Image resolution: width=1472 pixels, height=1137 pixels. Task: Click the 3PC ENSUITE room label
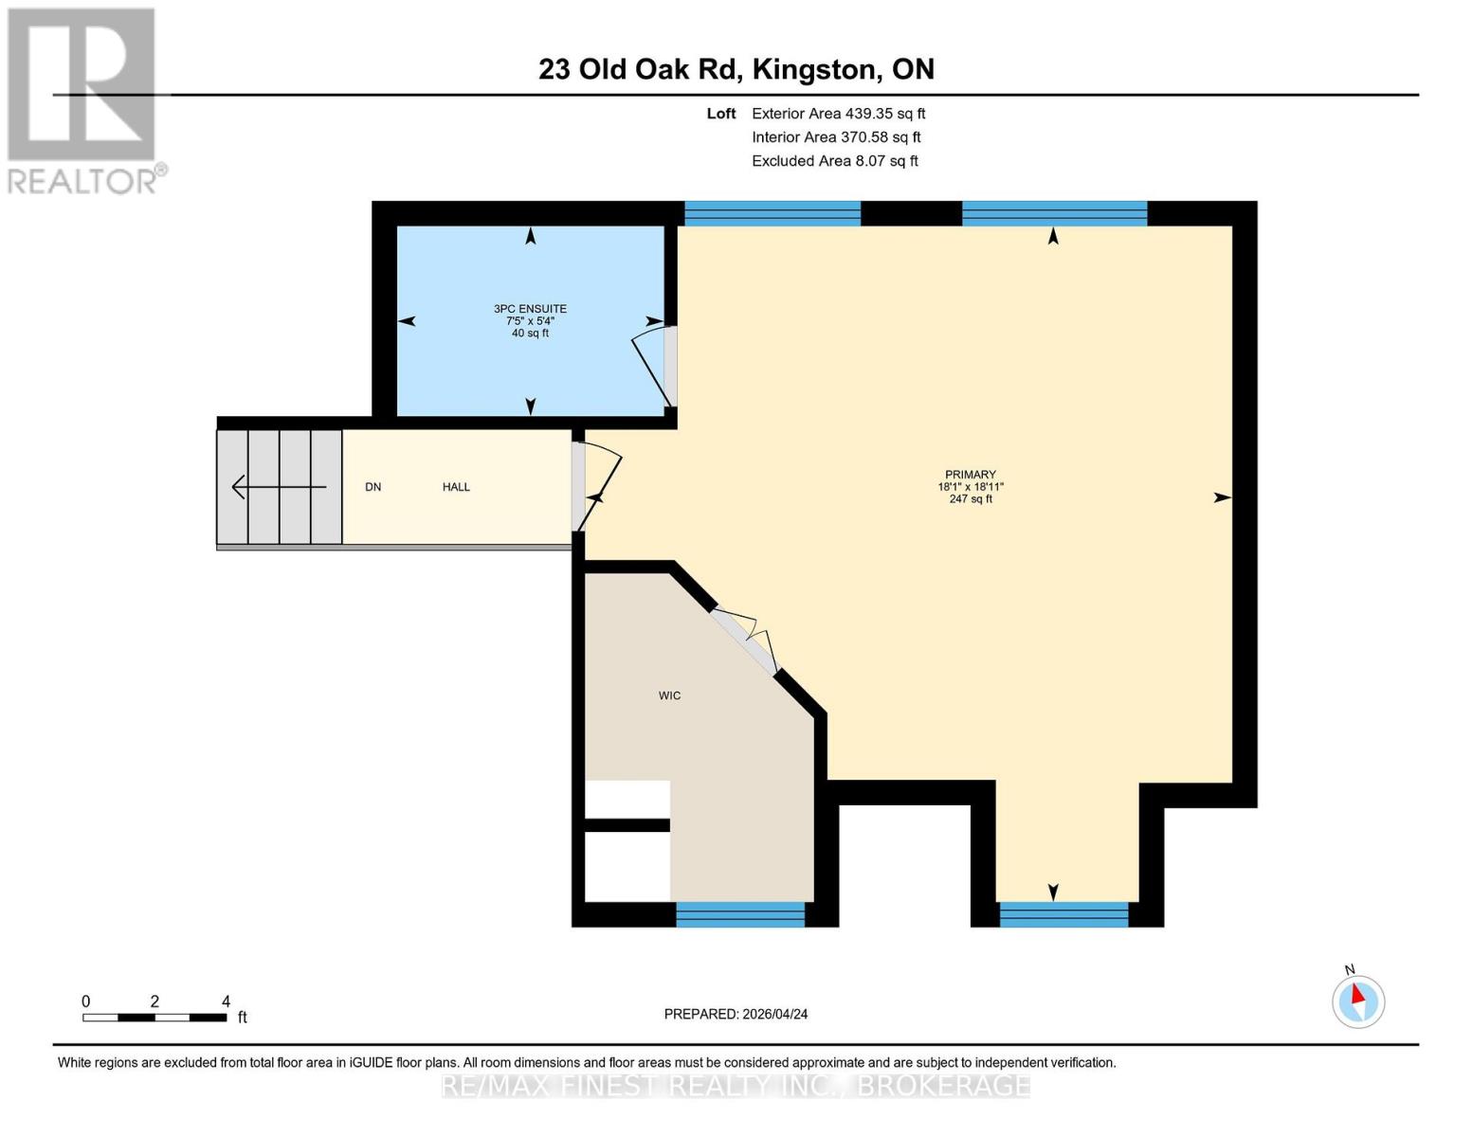point(530,309)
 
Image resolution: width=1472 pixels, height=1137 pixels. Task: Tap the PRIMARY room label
point(970,475)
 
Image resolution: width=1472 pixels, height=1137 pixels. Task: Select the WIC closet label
point(669,695)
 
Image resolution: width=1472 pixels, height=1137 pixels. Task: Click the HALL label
point(456,487)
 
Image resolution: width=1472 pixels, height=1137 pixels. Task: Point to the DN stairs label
point(373,487)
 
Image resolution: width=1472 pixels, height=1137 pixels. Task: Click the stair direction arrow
point(279,487)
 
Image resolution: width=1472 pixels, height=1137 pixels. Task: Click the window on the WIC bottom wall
point(740,914)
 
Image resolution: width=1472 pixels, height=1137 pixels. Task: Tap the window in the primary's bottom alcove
point(1064,914)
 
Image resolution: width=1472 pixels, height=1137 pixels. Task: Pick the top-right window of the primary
point(1054,213)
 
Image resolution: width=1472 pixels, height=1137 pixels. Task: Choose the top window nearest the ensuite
point(772,213)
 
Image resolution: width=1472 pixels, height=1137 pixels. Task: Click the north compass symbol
point(1358,1001)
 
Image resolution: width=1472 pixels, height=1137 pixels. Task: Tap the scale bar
point(154,1018)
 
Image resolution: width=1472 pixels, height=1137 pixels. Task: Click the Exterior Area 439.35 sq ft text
point(838,113)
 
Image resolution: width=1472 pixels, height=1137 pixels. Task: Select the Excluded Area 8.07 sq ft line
point(834,161)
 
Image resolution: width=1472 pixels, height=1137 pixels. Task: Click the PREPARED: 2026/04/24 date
point(736,1014)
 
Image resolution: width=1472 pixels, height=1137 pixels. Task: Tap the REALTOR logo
point(83,99)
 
